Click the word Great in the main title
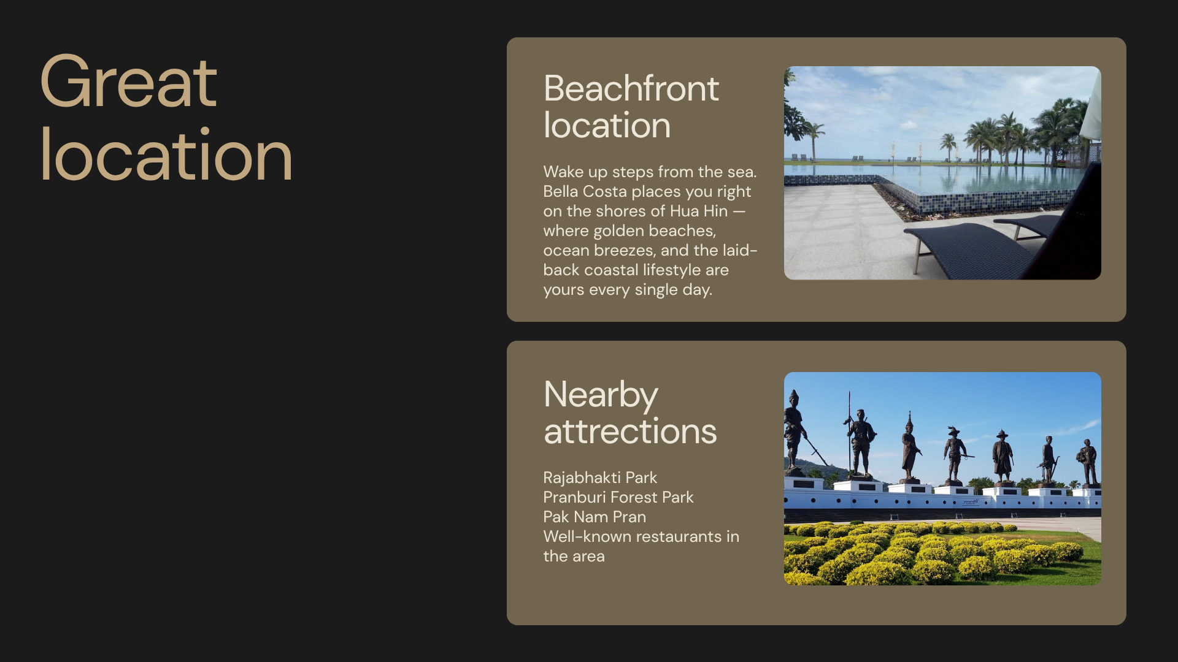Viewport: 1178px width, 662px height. coord(128,82)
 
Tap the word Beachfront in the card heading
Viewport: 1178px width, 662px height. coord(631,88)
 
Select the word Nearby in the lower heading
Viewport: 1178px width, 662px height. coord(601,395)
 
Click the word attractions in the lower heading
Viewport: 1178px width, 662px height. coord(630,432)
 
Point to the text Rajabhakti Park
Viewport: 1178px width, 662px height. coord(600,477)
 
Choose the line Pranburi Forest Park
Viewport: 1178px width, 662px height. coord(618,497)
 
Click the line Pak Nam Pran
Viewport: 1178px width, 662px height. coord(595,517)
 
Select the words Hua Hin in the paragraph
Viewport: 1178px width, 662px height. coord(699,211)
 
